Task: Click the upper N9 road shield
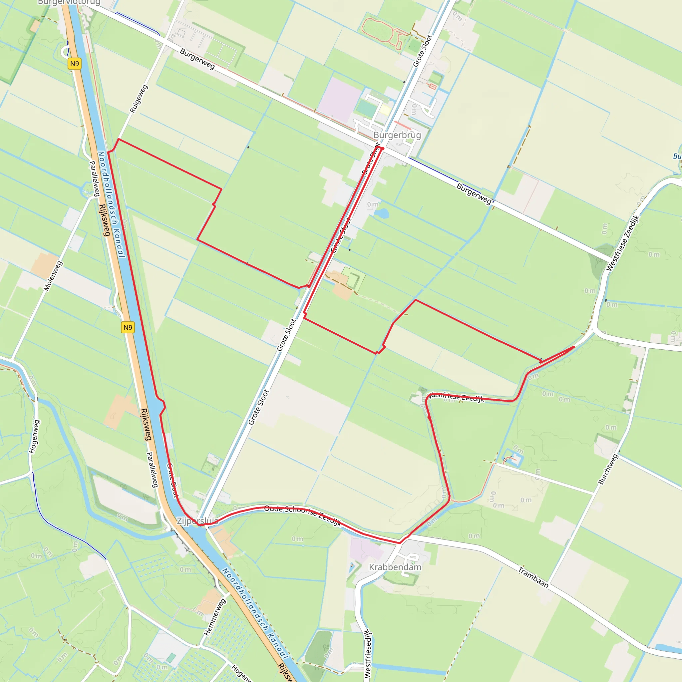coord(75,64)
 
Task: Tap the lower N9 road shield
coord(128,327)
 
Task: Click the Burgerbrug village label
coord(397,135)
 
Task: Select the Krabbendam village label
coord(395,567)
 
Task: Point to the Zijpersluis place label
coord(197,521)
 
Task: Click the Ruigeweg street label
coord(139,99)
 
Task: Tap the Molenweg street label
coord(53,276)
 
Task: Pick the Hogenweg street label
coord(35,436)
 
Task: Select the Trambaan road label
coord(533,577)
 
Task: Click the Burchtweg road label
coord(608,469)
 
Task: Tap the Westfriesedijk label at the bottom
coord(368,653)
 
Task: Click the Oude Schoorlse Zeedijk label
coord(302,515)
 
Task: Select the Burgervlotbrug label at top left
coord(69,2)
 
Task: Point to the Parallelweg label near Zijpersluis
coord(152,470)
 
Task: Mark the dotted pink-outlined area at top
coord(378,30)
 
